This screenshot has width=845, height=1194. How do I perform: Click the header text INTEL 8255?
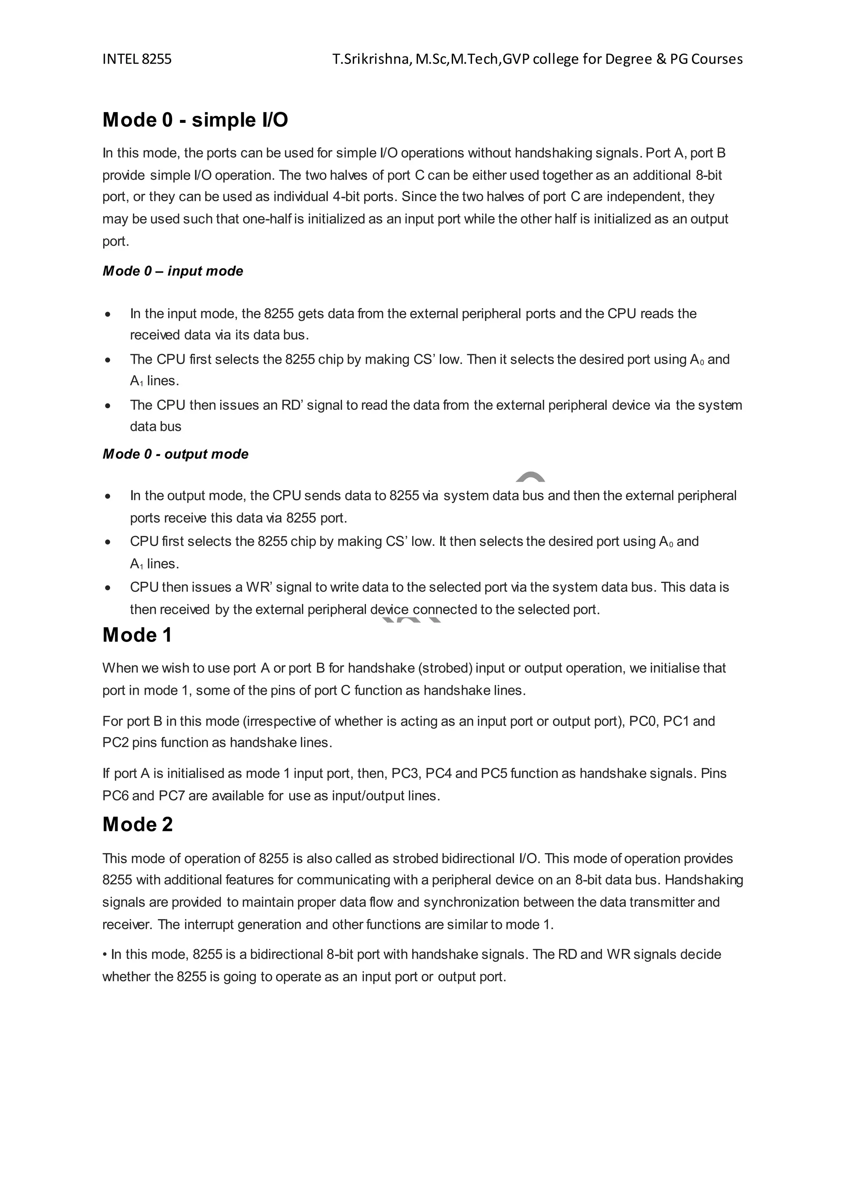point(137,59)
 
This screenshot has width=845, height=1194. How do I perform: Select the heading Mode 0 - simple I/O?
point(195,120)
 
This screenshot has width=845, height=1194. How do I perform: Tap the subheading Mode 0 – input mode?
point(173,271)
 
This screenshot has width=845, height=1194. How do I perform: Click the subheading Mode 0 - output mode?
point(175,454)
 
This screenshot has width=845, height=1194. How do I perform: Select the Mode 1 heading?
point(137,635)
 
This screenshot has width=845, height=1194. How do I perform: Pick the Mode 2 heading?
point(137,824)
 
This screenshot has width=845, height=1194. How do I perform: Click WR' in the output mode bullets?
point(258,587)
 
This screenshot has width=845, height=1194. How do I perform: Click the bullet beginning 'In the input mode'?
point(108,314)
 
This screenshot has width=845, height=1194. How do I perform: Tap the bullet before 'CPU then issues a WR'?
point(108,588)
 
